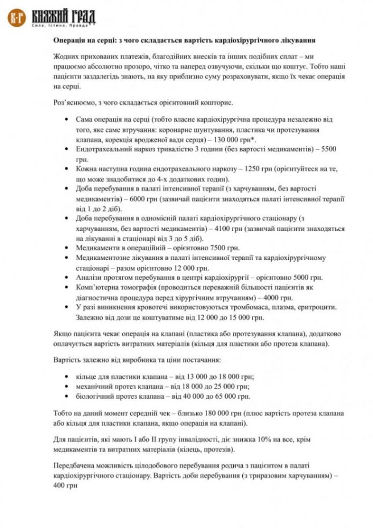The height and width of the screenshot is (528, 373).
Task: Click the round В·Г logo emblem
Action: [16, 18]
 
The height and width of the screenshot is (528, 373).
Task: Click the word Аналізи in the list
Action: [89, 278]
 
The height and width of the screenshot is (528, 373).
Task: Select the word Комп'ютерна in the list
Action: [97, 288]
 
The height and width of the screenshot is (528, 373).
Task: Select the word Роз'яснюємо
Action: [74, 103]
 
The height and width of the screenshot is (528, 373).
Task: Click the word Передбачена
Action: [76, 465]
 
